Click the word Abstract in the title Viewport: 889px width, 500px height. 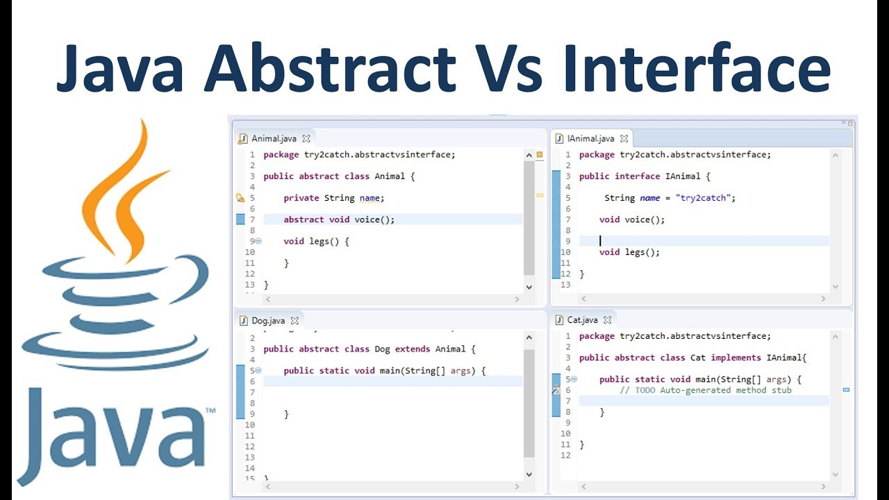(x=329, y=67)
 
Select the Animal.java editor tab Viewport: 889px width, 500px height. (x=273, y=138)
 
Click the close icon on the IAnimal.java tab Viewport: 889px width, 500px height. (x=624, y=139)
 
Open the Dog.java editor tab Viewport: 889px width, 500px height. (x=267, y=321)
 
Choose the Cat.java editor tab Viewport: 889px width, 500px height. (x=581, y=320)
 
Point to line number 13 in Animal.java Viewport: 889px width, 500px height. (x=250, y=285)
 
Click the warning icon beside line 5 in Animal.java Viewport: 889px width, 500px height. (x=240, y=198)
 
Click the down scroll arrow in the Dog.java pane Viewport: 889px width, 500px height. (x=529, y=474)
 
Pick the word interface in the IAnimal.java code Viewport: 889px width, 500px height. (x=637, y=176)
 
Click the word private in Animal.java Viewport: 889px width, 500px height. (x=301, y=198)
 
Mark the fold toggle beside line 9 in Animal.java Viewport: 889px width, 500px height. (x=258, y=241)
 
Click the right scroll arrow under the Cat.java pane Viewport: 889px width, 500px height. (x=823, y=487)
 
